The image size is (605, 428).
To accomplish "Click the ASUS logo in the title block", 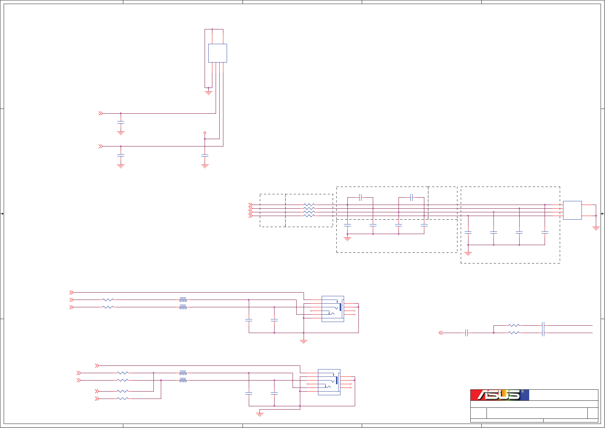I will [x=499, y=395].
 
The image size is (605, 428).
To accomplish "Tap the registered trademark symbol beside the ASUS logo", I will [x=523, y=392].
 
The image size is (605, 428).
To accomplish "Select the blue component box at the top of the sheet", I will [x=217, y=53].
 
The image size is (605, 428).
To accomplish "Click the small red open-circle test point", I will [x=205, y=133].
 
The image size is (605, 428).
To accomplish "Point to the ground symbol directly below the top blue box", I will [x=208, y=92].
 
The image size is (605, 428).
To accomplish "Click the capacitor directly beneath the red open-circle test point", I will [x=205, y=156].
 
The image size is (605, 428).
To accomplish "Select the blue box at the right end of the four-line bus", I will [x=572, y=210].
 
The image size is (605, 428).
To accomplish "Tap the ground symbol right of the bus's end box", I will [x=596, y=228].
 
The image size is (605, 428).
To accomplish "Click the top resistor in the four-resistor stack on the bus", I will [x=309, y=205].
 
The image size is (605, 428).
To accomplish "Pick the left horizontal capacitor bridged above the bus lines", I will [x=360, y=198].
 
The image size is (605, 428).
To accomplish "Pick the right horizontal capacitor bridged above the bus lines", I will [x=411, y=198].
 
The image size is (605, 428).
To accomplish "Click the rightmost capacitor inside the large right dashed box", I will [x=545, y=233].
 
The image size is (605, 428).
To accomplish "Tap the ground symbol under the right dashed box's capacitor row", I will [x=468, y=253].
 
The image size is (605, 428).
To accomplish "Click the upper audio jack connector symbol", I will [x=333, y=309].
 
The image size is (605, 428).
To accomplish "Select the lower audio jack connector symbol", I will [x=329, y=382].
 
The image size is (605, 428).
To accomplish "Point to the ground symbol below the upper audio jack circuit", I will [x=304, y=342].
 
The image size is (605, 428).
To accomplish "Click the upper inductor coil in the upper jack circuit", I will [x=183, y=300].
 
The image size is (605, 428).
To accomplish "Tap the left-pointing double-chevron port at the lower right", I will [x=441, y=333].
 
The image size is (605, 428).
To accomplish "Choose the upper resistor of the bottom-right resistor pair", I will [x=514, y=325].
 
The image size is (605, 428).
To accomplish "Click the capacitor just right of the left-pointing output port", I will [x=467, y=333].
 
